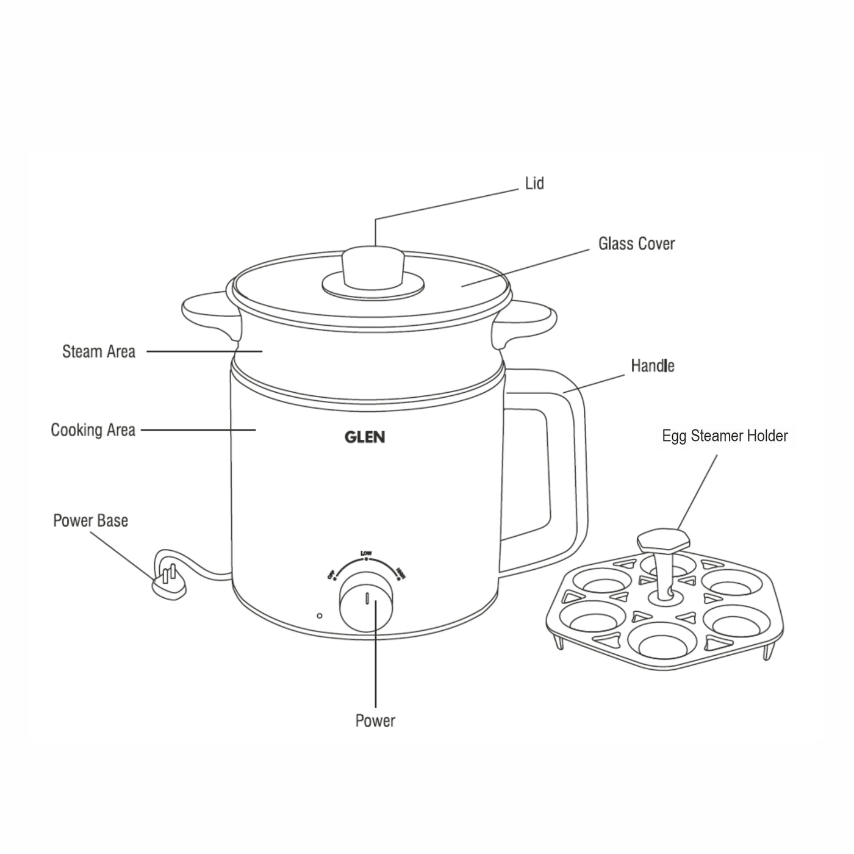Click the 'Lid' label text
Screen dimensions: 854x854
point(534,184)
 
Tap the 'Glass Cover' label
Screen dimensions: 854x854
point(636,244)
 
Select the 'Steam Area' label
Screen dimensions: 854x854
point(99,352)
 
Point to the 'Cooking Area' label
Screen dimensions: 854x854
point(93,430)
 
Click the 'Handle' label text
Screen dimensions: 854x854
point(653,366)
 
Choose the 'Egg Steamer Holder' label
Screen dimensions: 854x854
point(725,436)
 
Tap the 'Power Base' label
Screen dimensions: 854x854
point(90,521)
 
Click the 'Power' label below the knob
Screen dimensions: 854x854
point(375,721)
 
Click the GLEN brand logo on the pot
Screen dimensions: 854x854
point(365,437)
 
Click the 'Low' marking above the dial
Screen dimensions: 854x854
point(366,553)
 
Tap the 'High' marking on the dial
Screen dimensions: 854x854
point(400,573)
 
